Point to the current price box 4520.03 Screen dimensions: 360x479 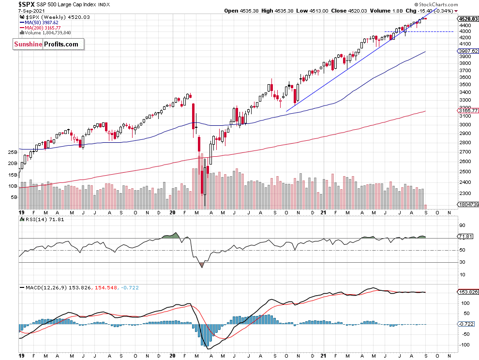[468, 19]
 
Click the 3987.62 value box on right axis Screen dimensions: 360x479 [468, 51]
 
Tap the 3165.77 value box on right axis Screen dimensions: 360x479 [468, 111]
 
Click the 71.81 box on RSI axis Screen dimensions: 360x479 [466, 237]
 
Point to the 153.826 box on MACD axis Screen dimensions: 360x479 [467, 292]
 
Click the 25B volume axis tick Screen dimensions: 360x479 [13, 152]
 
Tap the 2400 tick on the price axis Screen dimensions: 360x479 [464, 182]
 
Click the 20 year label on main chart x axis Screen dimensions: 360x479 [173, 212]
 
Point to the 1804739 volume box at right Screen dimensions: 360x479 [468, 205]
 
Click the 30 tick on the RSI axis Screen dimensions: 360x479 [462, 262]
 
